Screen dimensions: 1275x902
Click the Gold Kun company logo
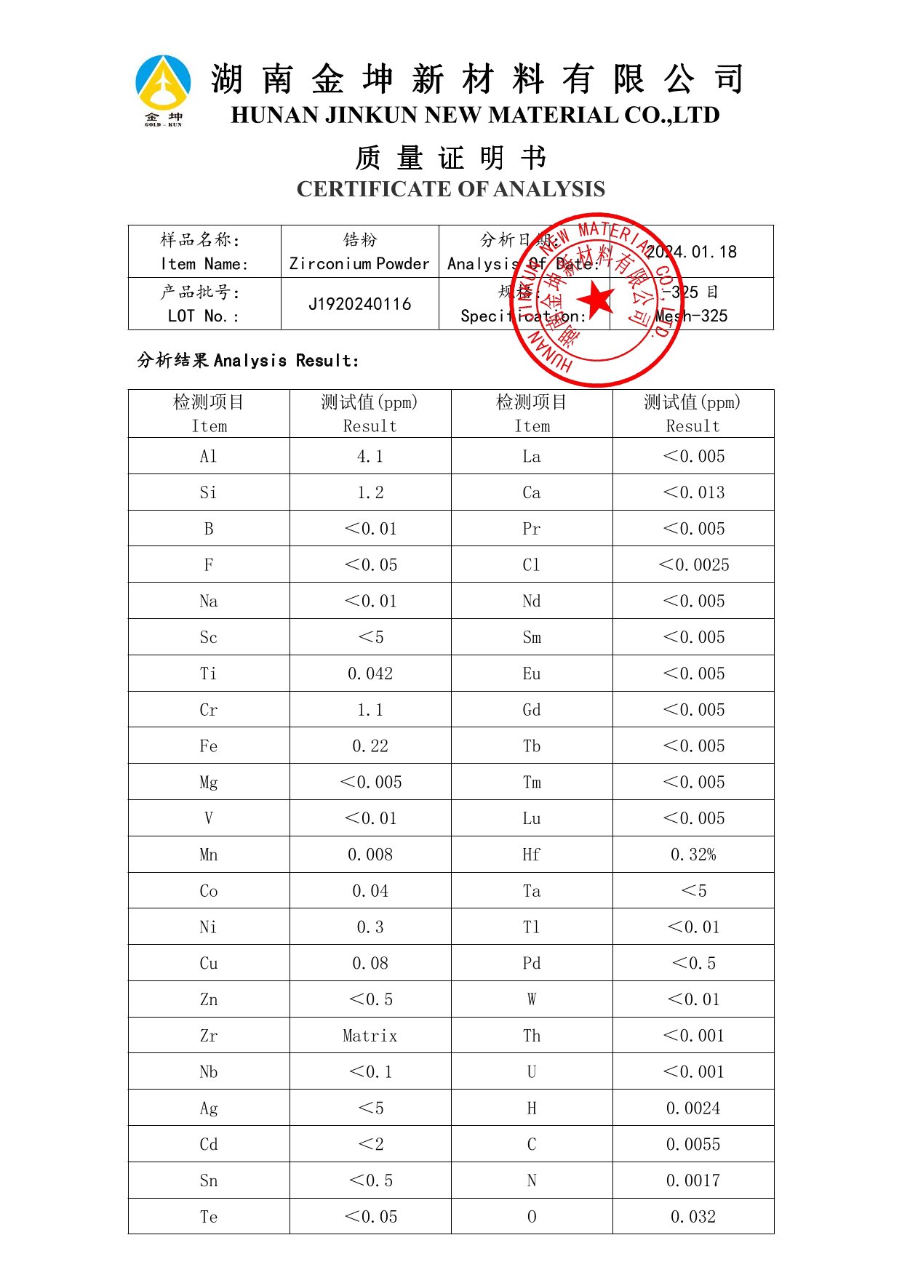[163, 89]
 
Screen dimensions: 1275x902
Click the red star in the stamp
[597, 299]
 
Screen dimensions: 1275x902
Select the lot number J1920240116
[360, 304]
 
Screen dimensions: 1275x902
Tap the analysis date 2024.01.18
[691, 252]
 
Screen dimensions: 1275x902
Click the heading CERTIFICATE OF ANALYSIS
[450, 189]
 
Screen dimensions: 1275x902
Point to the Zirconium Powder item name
[359, 263]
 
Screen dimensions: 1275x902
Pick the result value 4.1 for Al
[370, 456]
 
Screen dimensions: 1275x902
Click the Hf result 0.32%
[693, 855]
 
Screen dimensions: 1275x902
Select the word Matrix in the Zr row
[370, 1036]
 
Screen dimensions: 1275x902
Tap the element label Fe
[209, 746]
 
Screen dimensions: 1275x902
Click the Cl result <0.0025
[693, 565]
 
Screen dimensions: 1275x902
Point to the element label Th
[532, 1036]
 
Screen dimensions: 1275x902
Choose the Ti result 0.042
[370, 674]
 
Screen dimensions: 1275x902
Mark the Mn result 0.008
[370, 855]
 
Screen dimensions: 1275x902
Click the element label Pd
[532, 963]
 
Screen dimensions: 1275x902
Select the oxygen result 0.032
[693, 1217]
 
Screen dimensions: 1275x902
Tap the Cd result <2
[370, 1144]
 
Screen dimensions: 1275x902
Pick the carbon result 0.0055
[693, 1144]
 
